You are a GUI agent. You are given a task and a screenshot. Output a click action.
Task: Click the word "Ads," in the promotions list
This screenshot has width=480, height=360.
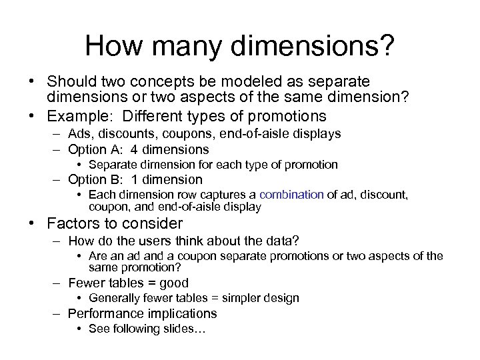(x=79, y=134)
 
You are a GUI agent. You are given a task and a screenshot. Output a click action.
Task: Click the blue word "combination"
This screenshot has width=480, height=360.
(x=291, y=195)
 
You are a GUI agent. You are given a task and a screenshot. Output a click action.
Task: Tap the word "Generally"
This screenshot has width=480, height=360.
(x=114, y=298)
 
